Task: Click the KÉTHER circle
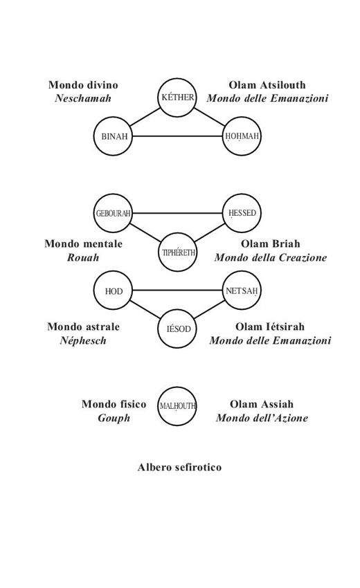(177, 80)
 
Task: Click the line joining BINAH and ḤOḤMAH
(177, 136)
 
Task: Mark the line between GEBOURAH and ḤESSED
(177, 213)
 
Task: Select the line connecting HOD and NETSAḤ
(177, 291)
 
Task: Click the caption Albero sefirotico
(179, 467)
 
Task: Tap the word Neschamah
(83, 98)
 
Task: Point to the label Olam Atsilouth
(267, 85)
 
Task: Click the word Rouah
(83, 257)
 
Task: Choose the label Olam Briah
(270, 244)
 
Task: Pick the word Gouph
(114, 418)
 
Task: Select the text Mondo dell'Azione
(262, 418)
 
